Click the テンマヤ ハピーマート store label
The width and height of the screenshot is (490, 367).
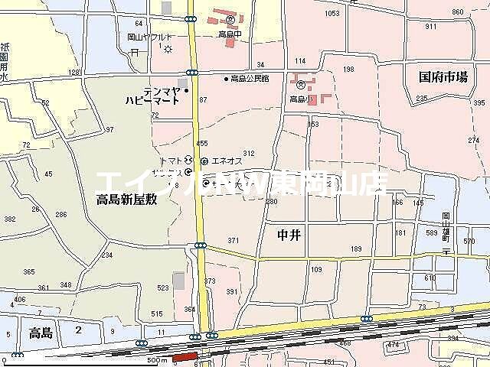pyautogui.click(x=153, y=95)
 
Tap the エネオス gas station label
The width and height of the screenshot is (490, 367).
pyautogui.click(x=227, y=161)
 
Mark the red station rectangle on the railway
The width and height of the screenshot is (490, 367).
pyautogui.click(x=185, y=357)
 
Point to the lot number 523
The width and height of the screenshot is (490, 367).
pyautogui.click(x=162, y=287)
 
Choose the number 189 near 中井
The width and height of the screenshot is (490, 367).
pyautogui.click(x=355, y=249)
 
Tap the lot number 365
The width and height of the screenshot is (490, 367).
pyautogui.click(x=29, y=271)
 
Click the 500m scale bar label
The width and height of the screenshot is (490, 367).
pyautogui.click(x=156, y=359)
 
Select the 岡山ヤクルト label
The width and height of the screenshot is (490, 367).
pyautogui.click(x=150, y=37)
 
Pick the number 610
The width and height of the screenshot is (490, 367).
pyautogui.click(x=430, y=278)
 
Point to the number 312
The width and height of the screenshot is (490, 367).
pyautogui.click(x=248, y=153)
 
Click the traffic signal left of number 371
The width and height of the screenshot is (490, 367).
pyautogui.click(x=200, y=245)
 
